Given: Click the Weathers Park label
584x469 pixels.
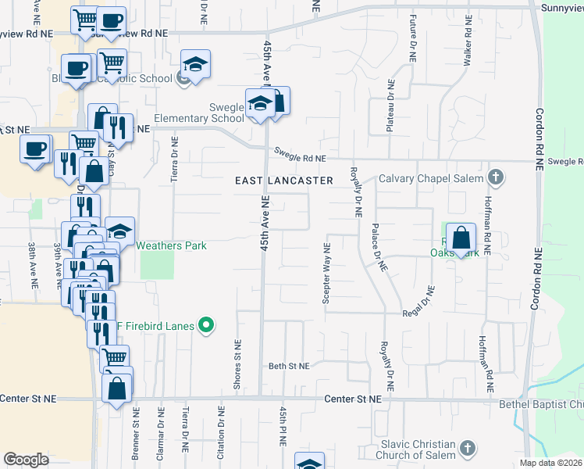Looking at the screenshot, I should click(172, 245).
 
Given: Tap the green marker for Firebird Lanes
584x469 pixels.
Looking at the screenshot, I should click(207, 324).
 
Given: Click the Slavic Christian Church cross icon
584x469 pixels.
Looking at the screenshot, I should click(468, 448).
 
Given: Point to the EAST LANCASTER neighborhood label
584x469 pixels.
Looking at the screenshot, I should click(284, 181).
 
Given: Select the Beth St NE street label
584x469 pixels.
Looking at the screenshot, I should click(289, 366).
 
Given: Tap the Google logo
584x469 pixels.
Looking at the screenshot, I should click(27, 460).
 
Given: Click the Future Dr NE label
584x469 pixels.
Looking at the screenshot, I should click(412, 39).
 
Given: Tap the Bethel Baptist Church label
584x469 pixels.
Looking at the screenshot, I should click(542, 404).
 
